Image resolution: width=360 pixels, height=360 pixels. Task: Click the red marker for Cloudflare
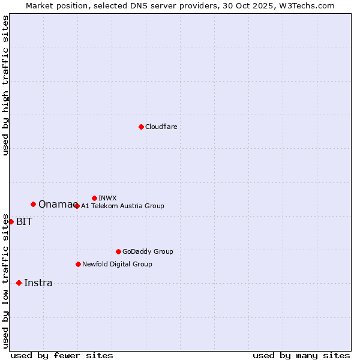[141, 127]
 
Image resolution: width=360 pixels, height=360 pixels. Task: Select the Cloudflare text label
[161, 127]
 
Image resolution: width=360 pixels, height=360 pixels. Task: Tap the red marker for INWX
[94, 198]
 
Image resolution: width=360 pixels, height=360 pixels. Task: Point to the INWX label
[107, 198]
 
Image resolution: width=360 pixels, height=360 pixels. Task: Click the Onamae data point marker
[33, 204]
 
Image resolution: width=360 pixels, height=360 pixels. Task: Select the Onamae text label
[55, 204]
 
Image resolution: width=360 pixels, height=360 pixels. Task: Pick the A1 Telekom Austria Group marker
[77, 206]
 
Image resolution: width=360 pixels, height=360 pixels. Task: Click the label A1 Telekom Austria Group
[122, 206]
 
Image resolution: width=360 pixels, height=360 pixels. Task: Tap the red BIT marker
[11, 221]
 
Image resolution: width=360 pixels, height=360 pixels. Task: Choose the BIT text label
[24, 221]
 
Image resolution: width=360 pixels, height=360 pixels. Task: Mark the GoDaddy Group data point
[118, 251]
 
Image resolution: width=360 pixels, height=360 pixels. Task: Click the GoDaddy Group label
[148, 251]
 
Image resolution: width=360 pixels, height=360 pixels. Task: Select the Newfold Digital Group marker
[78, 264]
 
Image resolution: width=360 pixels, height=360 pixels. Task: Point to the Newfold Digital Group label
[117, 264]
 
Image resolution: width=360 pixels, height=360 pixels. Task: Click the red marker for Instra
[19, 283]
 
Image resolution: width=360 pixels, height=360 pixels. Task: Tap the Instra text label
[38, 283]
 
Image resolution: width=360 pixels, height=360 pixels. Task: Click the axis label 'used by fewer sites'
[62, 355]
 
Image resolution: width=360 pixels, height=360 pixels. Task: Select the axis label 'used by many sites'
[301, 355]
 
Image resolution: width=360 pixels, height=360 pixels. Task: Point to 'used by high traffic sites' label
[5, 85]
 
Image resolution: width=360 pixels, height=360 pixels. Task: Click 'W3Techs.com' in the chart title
[305, 5]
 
